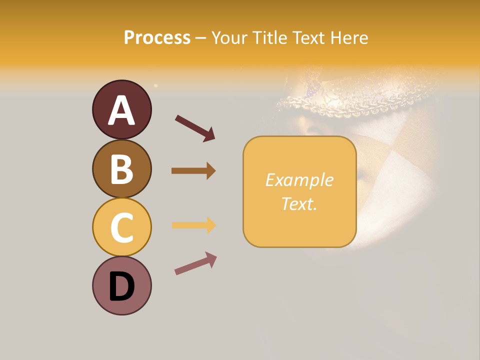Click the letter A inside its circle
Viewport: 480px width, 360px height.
pyautogui.click(x=122, y=111)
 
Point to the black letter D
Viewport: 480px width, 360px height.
pyautogui.click(x=122, y=287)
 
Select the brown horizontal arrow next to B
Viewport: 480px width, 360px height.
pyautogui.click(x=193, y=170)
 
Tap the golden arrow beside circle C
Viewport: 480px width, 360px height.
pyautogui.click(x=193, y=225)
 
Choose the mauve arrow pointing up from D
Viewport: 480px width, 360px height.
pyautogui.click(x=195, y=263)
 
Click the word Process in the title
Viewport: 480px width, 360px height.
pyautogui.click(x=157, y=37)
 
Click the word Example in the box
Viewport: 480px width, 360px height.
pyautogui.click(x=299, y=180)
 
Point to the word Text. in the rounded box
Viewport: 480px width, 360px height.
pyautogui.click(x=299, y=203)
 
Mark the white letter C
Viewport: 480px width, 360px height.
pyautogui.click(x=122, y=228)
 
